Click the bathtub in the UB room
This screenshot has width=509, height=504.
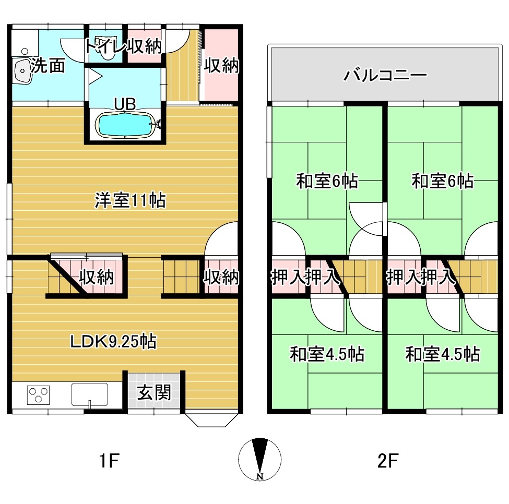[x=126, y=124]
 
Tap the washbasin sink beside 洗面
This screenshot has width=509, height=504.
[x=22, y=71]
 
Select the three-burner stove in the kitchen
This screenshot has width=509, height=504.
[x=39, y=395]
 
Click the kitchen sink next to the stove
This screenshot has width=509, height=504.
[x=90, y=394]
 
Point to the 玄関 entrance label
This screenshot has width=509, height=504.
[x=154, y=393]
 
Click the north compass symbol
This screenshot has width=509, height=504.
[x=259, y=459]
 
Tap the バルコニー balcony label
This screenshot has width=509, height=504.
[x=385, y=75]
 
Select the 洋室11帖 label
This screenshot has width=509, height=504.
[x=130, y=200]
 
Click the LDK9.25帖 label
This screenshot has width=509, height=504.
[x=113, y=341]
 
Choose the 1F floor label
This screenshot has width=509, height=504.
[x=109, y=460]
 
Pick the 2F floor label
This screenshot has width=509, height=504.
[x=388, y=460]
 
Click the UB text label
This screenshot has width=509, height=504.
[x=125, y=104]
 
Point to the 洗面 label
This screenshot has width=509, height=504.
[x=48, y=66]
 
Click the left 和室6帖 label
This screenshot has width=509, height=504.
[x=327, y=181]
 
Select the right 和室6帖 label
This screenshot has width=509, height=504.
[x=443, y=181]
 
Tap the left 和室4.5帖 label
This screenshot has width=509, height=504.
[x=327, y=354]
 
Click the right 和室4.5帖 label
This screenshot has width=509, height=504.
[x=443, y=354]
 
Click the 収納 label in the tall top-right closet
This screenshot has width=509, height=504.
[x=221, y=66]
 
